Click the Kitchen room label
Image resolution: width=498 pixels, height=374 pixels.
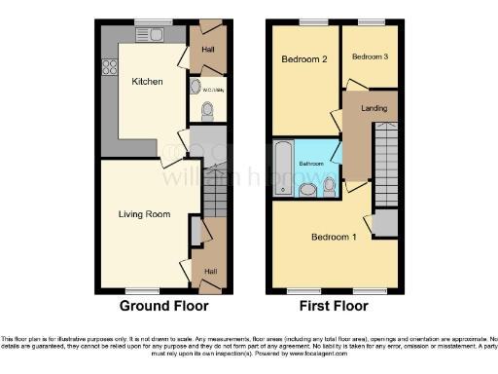point(148,82)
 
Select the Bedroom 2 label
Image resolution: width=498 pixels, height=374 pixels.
point(303,59)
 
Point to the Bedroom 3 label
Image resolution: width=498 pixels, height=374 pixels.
point(369,56)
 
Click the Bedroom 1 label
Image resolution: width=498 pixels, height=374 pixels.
point(333,237)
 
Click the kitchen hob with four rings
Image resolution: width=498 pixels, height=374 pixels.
point(110,69)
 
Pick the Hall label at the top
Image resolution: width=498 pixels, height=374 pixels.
point(207,49)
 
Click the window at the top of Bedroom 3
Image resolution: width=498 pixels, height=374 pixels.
point(371,21)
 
